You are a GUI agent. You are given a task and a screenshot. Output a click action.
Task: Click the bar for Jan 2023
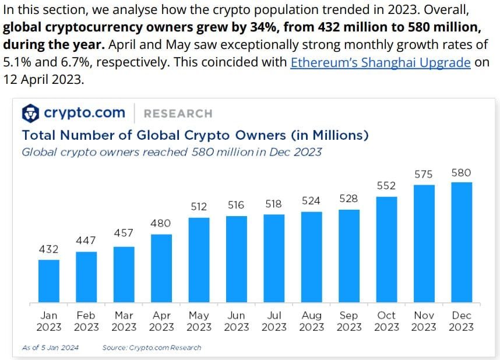coord(49,281)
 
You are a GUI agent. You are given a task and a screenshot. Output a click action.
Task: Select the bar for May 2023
coord(199,260)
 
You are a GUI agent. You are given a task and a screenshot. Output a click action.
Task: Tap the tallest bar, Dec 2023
coord(461,243)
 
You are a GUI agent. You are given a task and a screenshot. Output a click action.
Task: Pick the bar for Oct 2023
coord(386,250)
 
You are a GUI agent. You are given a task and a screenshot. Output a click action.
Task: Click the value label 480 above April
coord(161,223)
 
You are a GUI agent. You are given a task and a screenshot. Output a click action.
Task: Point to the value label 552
coord(386,186)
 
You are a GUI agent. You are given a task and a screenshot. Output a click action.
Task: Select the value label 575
coord(424,174)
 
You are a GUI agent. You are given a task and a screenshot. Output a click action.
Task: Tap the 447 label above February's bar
coord(86,241)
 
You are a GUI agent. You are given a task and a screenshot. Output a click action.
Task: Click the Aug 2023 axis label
coord(311,321)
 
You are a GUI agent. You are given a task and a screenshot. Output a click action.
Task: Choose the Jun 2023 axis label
coord(236,321)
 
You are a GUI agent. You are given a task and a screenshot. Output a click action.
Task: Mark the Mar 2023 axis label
coord(124,321)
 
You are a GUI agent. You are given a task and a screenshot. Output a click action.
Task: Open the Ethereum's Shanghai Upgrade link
coord(380,62)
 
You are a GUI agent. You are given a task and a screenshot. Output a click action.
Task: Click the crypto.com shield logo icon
coord(30,112)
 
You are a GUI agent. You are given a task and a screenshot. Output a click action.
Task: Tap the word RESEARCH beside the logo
coord(178,114)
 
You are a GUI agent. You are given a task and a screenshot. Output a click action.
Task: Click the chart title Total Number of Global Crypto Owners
coord(195,135)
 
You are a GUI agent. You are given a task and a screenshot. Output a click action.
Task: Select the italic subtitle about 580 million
coord(171,152)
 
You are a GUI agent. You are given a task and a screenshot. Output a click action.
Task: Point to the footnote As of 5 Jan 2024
coord(50,347)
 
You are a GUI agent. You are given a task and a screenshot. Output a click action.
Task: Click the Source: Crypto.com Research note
coord(152,347)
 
